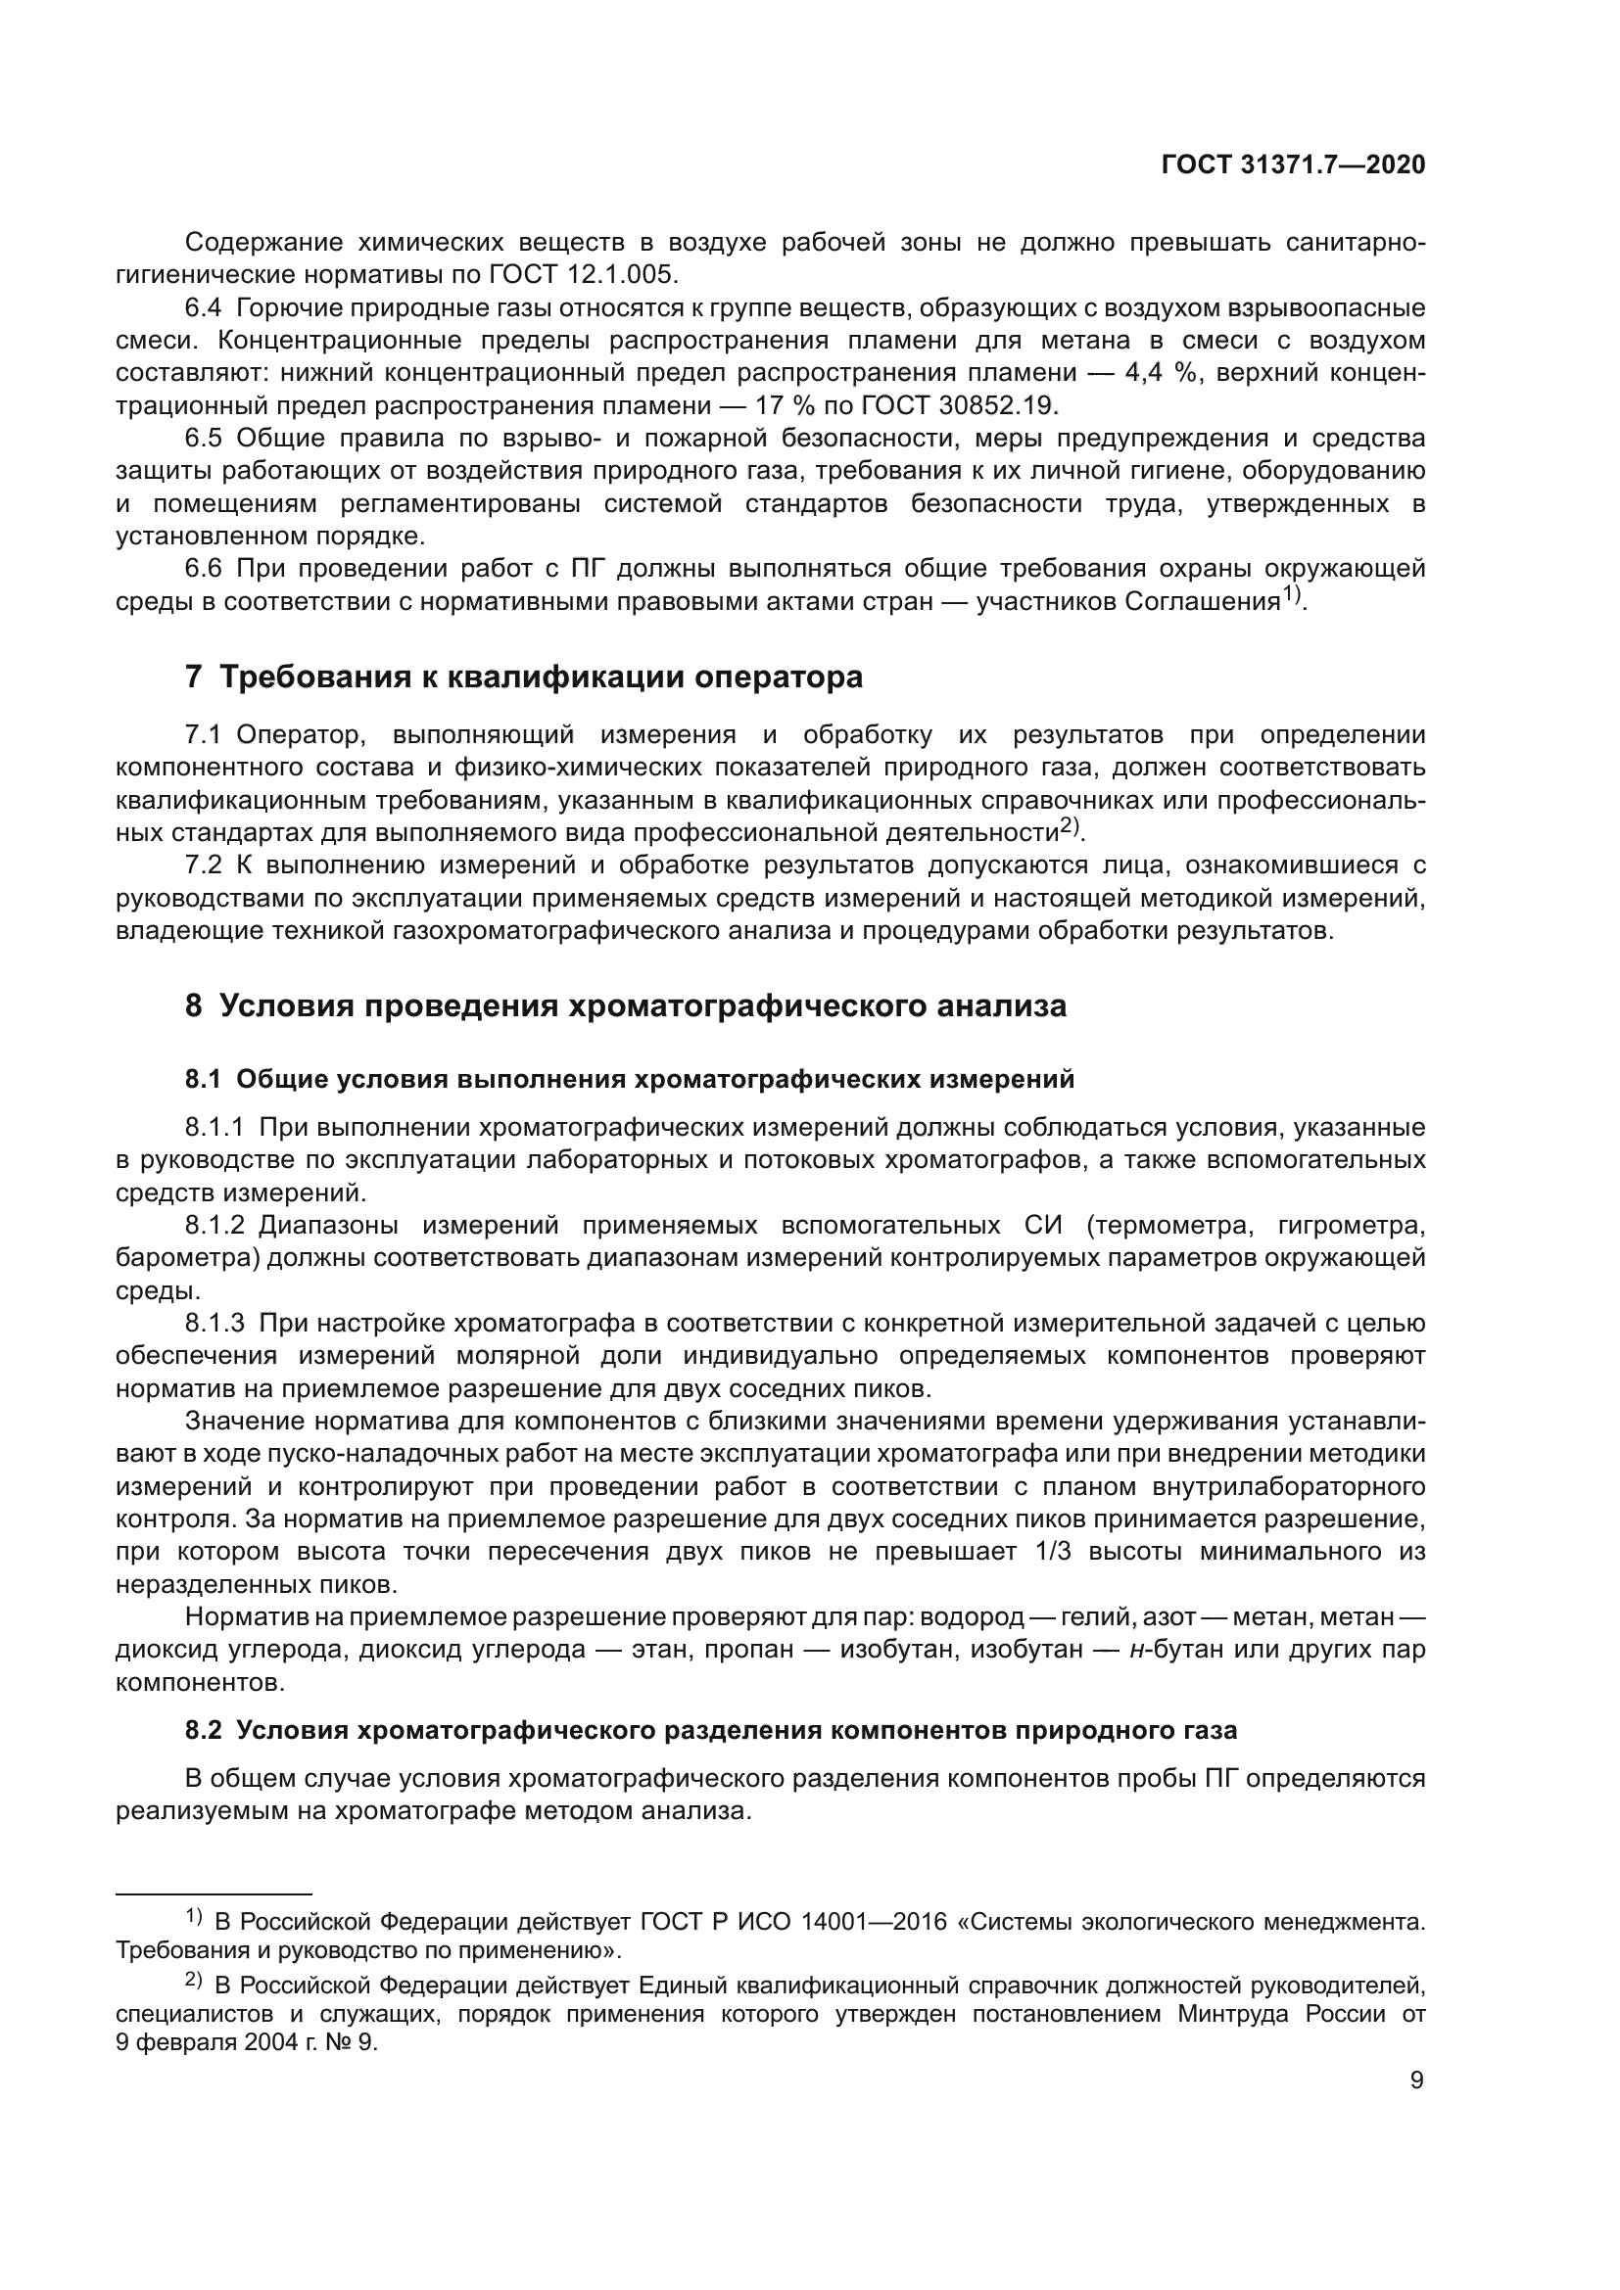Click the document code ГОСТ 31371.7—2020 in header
point(1293,165)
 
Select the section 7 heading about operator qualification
point(524,678)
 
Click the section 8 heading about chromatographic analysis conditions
point(626,1005)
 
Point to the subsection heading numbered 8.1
point(630,1079)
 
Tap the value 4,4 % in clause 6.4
point(1164,373)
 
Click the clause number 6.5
point(206,438)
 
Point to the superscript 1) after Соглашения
point(1292,595)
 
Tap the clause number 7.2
point(206,865)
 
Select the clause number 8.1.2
point(214,1225)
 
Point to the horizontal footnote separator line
point(214,1893)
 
